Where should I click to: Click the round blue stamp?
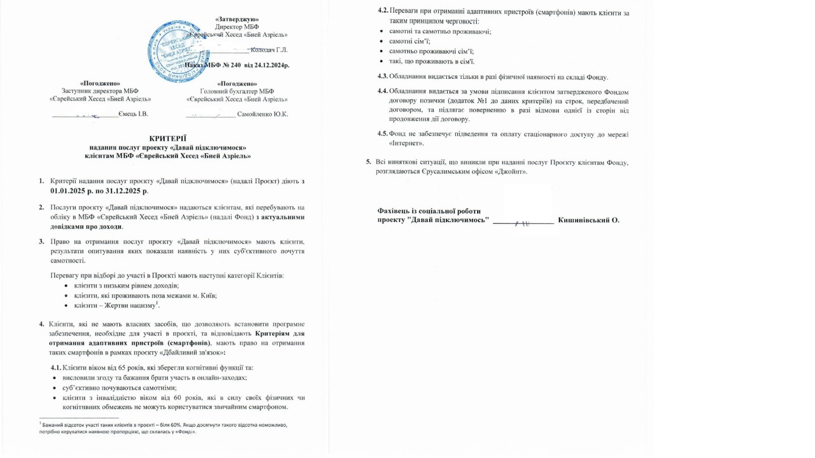[178, 52]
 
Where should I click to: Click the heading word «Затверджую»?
[237, 20]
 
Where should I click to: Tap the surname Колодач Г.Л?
[269, 50]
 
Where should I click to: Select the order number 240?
[235, 66]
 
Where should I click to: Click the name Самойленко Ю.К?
[262, 114]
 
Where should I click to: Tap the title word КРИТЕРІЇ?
[168, 138]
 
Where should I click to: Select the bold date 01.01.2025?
[72, 191]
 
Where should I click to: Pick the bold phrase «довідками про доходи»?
[87, 226]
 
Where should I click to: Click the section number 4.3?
[383, 77]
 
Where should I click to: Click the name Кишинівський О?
[588, 220]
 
